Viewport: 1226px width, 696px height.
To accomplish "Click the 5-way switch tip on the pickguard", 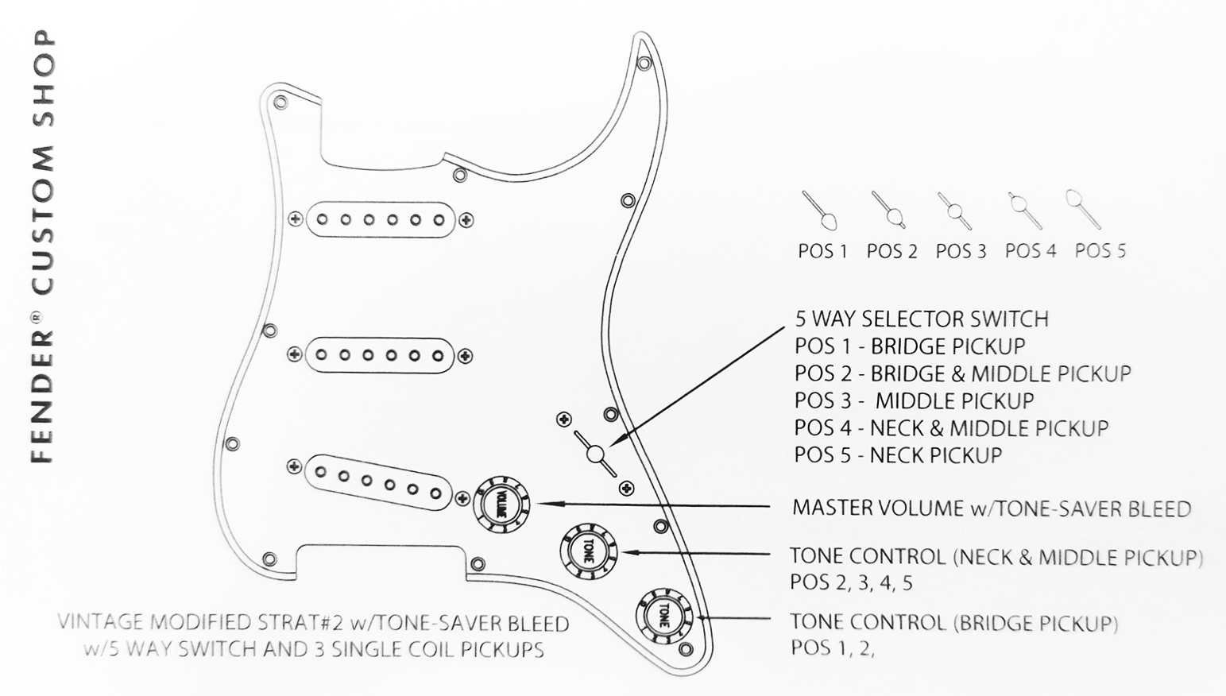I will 595,454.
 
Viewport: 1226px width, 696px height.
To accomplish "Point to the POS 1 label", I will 822,252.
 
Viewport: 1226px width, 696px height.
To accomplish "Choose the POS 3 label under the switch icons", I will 961,252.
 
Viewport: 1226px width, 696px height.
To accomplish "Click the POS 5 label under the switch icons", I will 1100,251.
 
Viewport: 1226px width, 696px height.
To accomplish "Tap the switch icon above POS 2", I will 888,209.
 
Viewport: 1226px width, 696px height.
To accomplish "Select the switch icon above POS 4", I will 1026,209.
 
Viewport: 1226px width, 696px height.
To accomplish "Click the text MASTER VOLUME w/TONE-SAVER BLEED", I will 992,508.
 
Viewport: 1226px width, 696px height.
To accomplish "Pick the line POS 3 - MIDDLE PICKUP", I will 914,401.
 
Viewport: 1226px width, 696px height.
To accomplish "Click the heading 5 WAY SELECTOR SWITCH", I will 922,319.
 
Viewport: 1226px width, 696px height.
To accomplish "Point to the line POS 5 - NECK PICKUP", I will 898,455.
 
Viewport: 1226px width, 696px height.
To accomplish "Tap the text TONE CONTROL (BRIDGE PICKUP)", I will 953,622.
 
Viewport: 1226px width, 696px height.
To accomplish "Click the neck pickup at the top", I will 381,219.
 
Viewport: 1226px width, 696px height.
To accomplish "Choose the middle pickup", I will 380,354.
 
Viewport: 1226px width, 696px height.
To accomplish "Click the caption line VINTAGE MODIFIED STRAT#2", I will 313,624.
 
